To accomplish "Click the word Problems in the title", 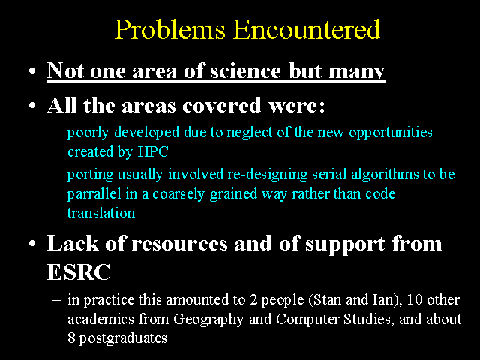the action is coord(170,30).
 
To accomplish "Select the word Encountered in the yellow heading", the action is coord(307,29).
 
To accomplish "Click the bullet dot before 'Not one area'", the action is coord(32,71).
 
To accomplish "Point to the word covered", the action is coord(222,105).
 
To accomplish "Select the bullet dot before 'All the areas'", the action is coord(32,106).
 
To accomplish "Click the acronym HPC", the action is coord(153,151).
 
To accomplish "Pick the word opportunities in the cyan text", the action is coord(391,133).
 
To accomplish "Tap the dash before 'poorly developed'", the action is coord(57,133).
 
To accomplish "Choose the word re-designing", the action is coord(267,175).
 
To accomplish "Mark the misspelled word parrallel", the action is coord(94,194).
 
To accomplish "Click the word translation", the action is coord(101,213).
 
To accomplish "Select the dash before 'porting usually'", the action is coord(57,175).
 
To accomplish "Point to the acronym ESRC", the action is coord(79,271).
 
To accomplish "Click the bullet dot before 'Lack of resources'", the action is coord(32,244).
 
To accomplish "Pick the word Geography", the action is coord(208,319).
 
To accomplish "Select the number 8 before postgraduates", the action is coord(71,338).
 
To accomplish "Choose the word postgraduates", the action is coord(123,338).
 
